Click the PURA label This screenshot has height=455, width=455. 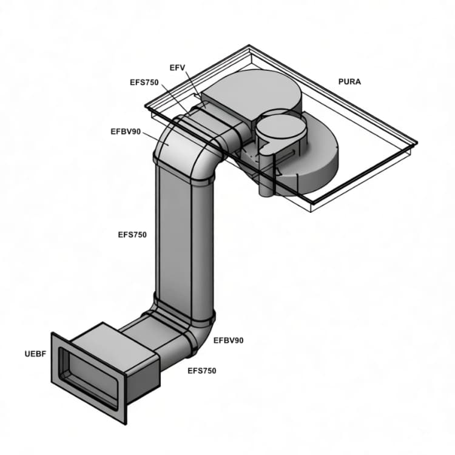point(349,82)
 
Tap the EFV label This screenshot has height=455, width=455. point(177,68)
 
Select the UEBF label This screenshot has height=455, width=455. point(35,354)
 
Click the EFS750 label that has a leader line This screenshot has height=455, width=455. point(144,83)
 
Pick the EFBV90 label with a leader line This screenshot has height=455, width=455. point(126,132)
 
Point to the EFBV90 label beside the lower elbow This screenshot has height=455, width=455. point(229,340)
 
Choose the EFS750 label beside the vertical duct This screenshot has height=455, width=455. point(132,234)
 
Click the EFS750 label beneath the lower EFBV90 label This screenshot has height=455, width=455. point(202,371)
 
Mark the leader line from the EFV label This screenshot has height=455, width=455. point(192,84)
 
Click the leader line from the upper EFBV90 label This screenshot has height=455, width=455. point(155,138)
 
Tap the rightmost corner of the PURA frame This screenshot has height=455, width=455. point(417,143)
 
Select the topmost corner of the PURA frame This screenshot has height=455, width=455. point(249,45)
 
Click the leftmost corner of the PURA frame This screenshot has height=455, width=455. point(146,107)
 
